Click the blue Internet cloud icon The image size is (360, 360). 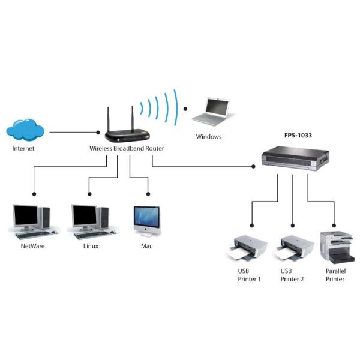[26, 128]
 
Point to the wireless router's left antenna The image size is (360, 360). [110, 118]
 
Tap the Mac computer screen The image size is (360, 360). [146, 217]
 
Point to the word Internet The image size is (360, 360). [24, 148]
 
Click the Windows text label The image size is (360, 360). [209, 137]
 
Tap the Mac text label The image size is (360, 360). [147, 246]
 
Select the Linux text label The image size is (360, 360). [91, 246]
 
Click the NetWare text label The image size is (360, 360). [33, 246]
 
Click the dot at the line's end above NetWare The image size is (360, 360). [34, 194]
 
